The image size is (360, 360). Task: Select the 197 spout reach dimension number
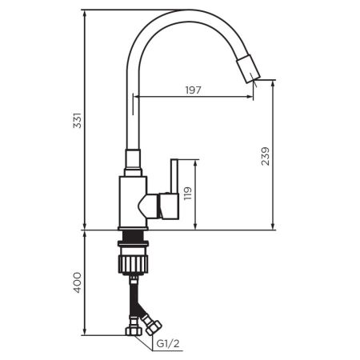coord(192,90)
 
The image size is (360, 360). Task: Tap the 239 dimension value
coord(266,154)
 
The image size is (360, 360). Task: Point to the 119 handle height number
coord(188,194)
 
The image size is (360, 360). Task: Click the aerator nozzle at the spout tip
coord(250,70)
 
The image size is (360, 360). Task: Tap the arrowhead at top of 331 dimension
coord(85,14)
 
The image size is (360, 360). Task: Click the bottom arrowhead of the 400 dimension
coord(85,330)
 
